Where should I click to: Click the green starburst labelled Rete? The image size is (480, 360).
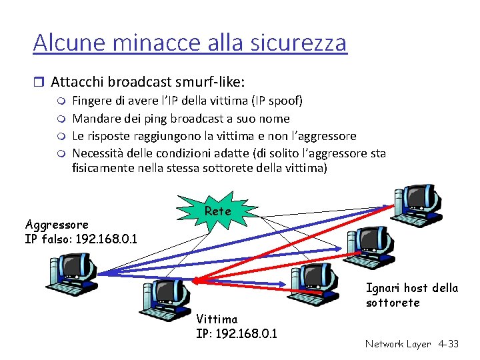point(218,211)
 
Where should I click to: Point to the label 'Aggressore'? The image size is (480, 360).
point(56,224)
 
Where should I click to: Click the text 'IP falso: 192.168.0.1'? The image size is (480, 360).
point(81,238)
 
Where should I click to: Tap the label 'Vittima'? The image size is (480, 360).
point(217,319)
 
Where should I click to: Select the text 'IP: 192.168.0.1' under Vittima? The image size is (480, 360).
point(237,333)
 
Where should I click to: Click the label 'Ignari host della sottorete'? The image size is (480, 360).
point(411,295)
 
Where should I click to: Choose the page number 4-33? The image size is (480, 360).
point(448,344)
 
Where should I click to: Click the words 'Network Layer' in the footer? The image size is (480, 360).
point(398,344)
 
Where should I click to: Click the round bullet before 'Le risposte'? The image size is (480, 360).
point(61,137)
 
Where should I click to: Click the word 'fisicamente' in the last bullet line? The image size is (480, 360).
point(104,169)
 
